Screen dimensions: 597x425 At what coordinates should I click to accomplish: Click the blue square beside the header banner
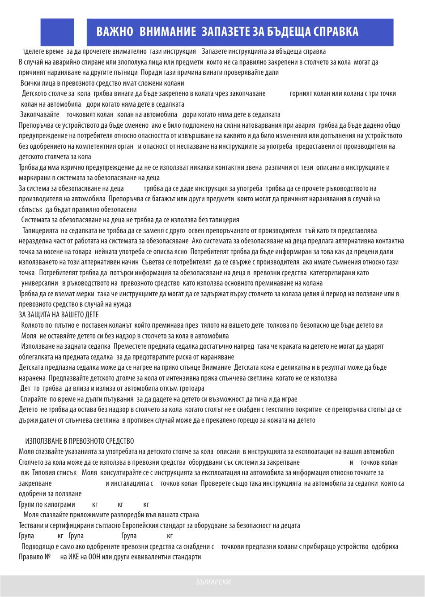[x=57, y=32]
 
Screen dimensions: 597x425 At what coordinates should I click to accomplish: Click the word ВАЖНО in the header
[x=115, y=32]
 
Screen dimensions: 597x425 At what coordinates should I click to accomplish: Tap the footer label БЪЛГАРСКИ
[x=213, y=582]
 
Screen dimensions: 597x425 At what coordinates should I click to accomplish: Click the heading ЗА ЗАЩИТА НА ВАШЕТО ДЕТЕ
[x=59, y=315]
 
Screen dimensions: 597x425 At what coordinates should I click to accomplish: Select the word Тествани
[x=32, y=526]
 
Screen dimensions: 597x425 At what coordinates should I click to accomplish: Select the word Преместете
[x=130, y=346]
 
